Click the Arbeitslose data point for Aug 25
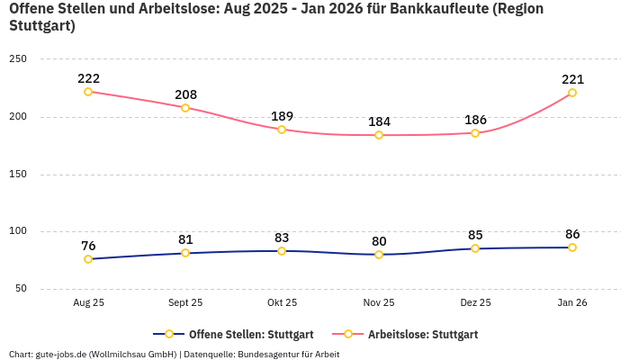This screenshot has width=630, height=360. point(88,92)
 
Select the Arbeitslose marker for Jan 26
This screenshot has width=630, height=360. point(572,93)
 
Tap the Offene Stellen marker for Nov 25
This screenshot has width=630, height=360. point(379,255)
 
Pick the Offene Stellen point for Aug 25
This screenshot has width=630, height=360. point(88,259)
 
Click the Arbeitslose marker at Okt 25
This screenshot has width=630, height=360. point(282,130)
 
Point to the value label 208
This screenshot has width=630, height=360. point(185,94)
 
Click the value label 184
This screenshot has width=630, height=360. point(379,121)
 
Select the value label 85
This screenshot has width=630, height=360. point(475,235)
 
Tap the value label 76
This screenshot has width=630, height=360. point(88,246)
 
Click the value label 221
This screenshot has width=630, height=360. point(572,79)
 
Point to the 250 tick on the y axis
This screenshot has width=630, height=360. point(18,59)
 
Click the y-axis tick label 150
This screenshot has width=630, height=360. point(18,175)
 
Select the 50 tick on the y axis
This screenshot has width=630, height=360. point(21,289)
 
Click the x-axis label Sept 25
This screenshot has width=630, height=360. point(185,303)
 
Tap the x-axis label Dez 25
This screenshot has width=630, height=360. point(475,303)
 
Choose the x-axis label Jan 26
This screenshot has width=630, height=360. point(572,303)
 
